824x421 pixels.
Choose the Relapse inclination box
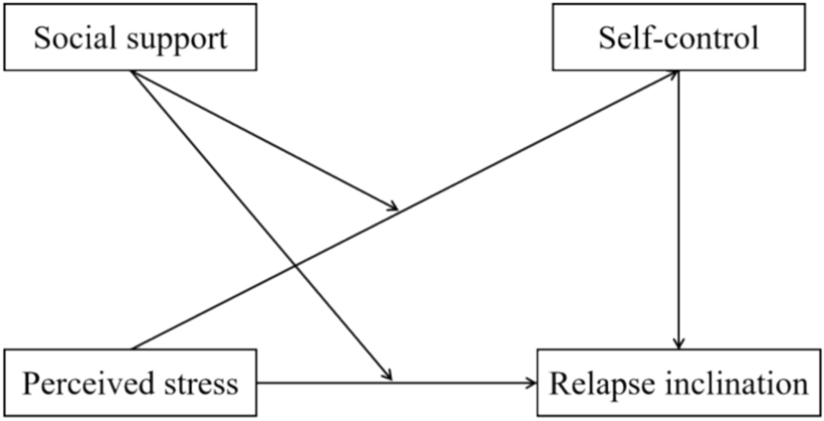679,383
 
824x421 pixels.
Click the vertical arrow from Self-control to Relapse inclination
680,206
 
